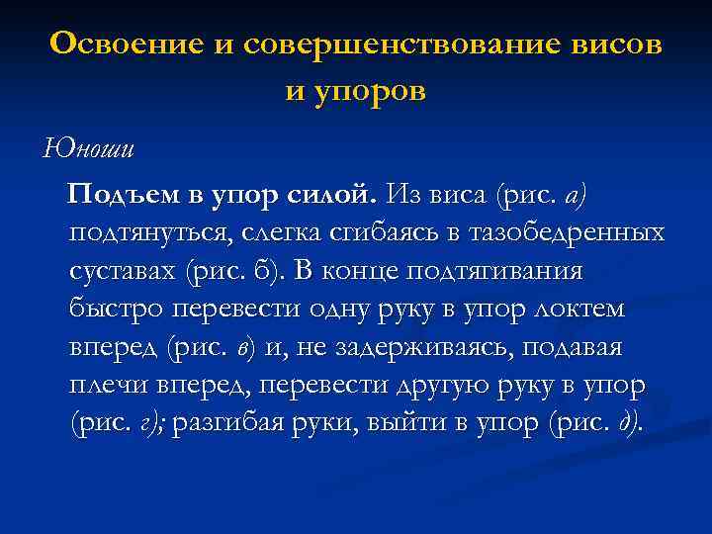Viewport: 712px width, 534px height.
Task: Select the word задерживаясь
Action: [x=423, y=347]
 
